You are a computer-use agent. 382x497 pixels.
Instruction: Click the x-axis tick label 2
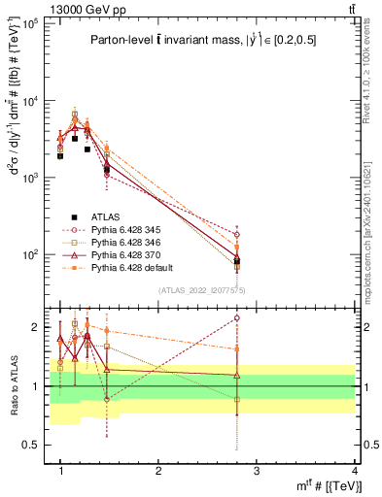(158, 470)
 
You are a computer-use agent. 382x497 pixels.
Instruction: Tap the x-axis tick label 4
(354, 470)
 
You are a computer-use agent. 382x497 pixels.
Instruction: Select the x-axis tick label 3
(257, 470)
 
